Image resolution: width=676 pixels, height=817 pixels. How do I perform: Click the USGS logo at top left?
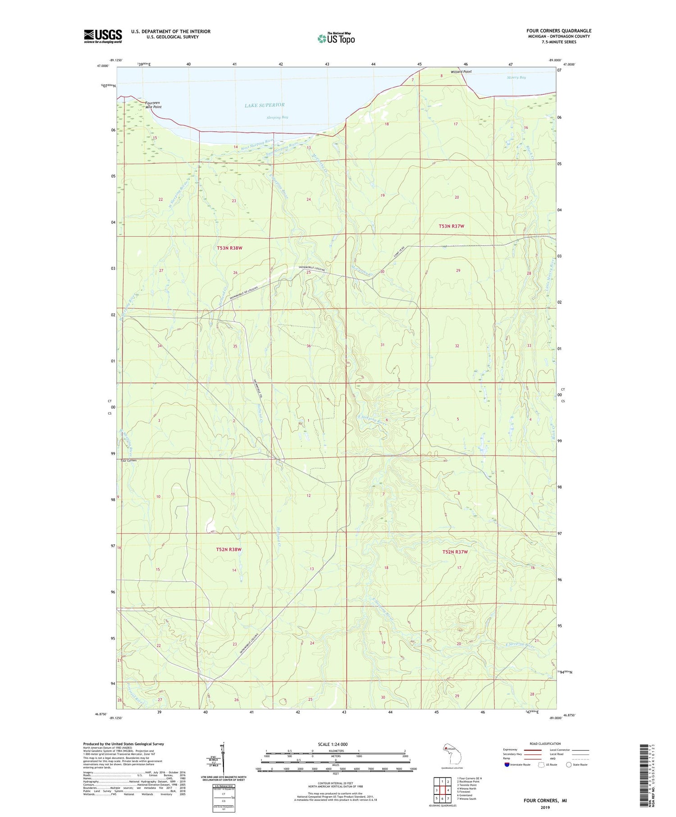103,36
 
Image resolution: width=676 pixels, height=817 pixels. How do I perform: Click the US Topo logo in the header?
336,39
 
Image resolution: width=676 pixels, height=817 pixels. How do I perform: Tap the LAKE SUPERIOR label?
265,105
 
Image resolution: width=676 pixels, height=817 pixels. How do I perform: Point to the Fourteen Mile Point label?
153,105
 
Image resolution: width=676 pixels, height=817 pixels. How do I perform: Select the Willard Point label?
461,72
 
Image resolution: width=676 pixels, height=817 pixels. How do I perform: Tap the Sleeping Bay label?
277,117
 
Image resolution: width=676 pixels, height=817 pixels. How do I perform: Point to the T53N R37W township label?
451,226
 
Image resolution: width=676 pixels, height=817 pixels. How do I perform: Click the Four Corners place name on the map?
128,461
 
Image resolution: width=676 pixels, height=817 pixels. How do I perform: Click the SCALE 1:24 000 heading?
333,744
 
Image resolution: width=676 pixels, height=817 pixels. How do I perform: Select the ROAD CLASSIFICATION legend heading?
545,744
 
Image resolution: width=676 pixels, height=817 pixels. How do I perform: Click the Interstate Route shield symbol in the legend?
507,765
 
